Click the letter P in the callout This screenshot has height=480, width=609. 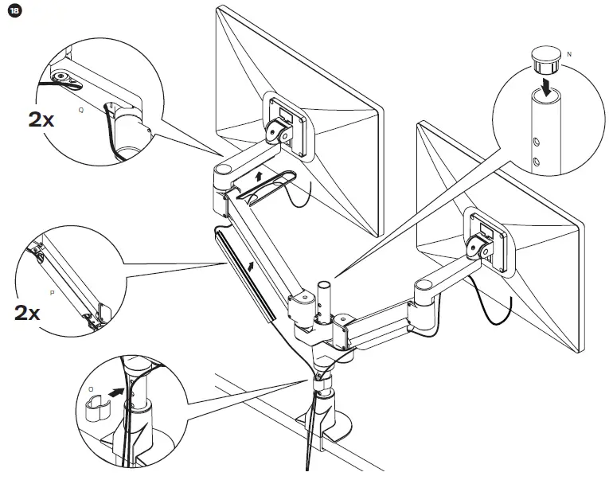click(x=52, y=292)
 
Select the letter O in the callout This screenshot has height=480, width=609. click(x=91, y=390)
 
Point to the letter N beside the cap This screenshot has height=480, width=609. click(x=567, y=53)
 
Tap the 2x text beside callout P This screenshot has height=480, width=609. click(x=27, y=312)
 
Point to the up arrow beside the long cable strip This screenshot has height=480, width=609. click(x=254, y=264)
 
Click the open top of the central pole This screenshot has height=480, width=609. click(x=324, y=283)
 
